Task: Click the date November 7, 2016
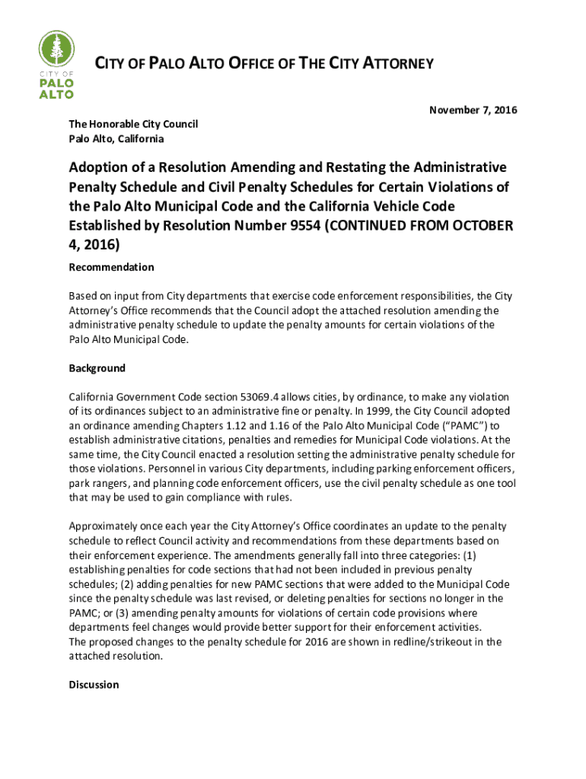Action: click(x=473, y=110)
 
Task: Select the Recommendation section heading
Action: click(x=111, y=267)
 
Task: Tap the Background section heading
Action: click(x=97, y=368)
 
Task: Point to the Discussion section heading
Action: click(x=94, y=685)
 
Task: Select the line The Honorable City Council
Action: click(x=133, y=124)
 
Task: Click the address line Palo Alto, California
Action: click(x=116, y=139)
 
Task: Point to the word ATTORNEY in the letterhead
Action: click(x=397, y=64)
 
